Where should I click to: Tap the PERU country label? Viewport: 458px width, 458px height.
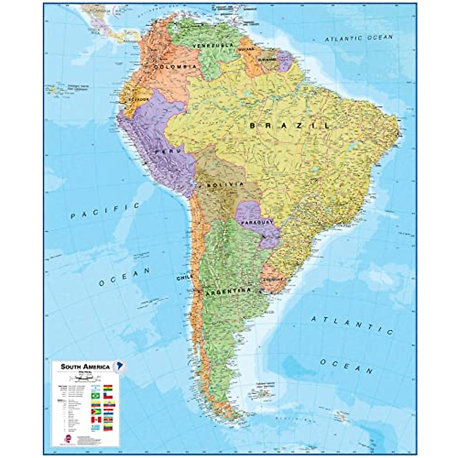coord(167,152)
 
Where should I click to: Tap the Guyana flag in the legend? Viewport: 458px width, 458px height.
coord(96,412)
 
